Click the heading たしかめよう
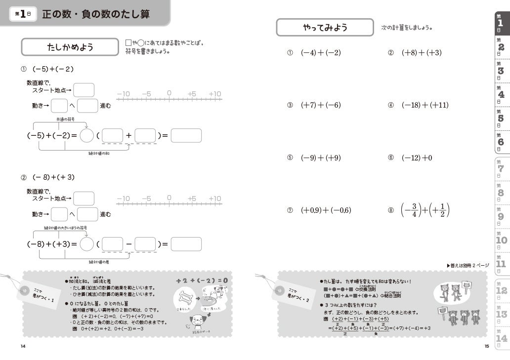pos(70,47)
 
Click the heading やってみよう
pos(325,28)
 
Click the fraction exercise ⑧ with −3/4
pos(425,209)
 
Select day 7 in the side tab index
pos(501,168)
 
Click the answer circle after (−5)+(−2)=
pos(86,135)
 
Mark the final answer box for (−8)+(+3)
pos(186,244)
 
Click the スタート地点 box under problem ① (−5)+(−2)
pos(84,90)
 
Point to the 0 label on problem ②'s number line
pos(169,198)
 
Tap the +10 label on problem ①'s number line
pos(214,94)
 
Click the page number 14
pos(23,346)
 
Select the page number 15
pos(487,346)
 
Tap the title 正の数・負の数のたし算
pos(96,14)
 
